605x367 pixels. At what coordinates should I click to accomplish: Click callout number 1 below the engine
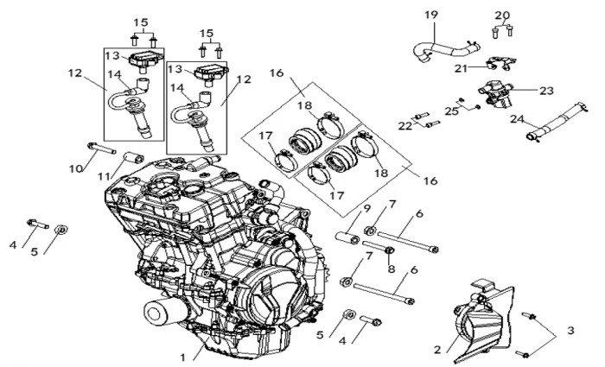click(x=182, y=356)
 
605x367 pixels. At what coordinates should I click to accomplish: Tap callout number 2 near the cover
click(x=437, y=348)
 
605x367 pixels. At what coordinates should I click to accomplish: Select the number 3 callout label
click(x=570, y=330)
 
